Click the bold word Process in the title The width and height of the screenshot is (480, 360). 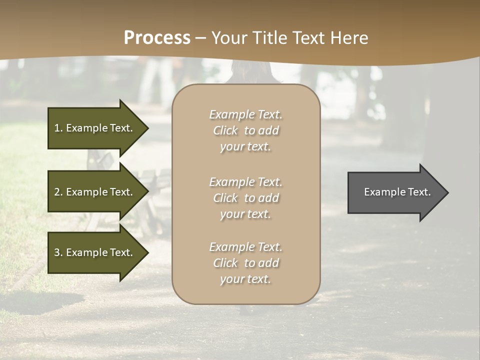[157, 38]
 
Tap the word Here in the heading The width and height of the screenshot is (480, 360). [348, 38]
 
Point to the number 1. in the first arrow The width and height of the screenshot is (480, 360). [58, 128]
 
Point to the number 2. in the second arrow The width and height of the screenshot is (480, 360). [58, 192]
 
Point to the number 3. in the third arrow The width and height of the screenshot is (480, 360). [58, 252]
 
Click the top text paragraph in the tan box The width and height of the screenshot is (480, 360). [245, 130]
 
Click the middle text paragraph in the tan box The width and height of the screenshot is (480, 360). [245, 198]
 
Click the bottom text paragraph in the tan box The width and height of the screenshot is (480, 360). [245, 263]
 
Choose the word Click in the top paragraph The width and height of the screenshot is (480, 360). [225, 130]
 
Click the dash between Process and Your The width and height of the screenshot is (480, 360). [201, 38]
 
